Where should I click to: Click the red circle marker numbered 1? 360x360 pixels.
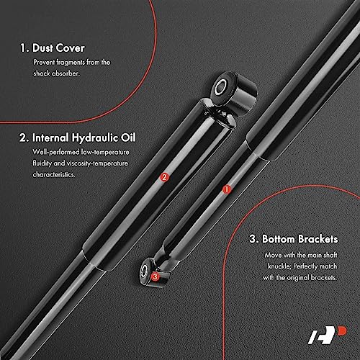pos(228,190)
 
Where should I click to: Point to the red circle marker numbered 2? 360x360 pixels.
pos(164,177)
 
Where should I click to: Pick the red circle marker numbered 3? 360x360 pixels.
pos(155,275)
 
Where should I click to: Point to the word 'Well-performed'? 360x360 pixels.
pos(56,152)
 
